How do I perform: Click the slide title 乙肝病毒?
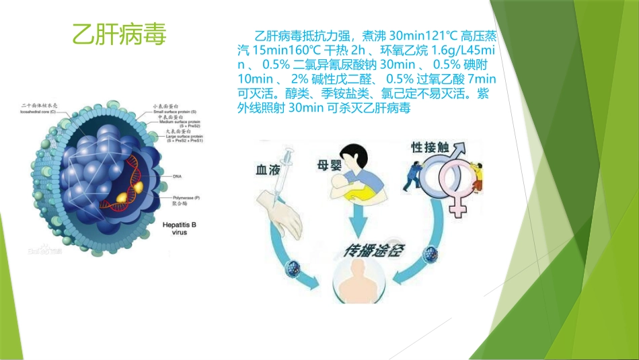(x=118, y=34)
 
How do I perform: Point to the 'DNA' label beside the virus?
(x=178, y=176)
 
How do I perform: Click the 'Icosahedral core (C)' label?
(x=40, y=111)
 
